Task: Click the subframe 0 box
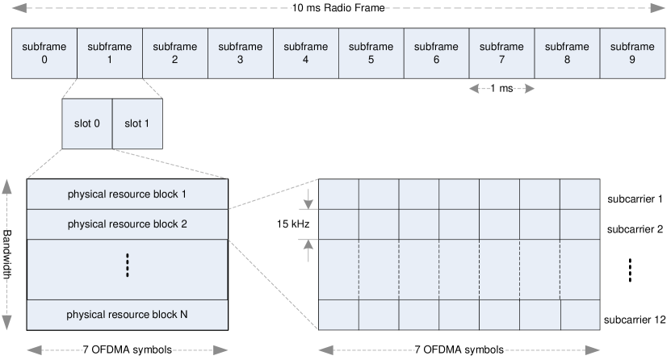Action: point(44,53)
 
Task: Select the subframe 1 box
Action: point(110,53)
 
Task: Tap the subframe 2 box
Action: point(175,53)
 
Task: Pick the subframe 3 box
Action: point(241,53)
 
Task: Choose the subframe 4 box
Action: point(306,53)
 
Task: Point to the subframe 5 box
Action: point(371,53)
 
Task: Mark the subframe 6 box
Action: point(436,53)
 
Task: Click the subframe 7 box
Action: point(501,53)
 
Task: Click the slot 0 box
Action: point(87,124)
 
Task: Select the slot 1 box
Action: point(137,124)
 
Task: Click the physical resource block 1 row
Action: point(128,195)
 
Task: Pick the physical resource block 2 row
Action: point(128,224)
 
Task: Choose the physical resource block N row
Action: point(128,313)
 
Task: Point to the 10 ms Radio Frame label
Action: point(335,8)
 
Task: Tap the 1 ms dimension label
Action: point(501,89)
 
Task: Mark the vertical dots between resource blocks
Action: point(128,266)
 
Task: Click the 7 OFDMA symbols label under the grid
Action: point(459,350)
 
